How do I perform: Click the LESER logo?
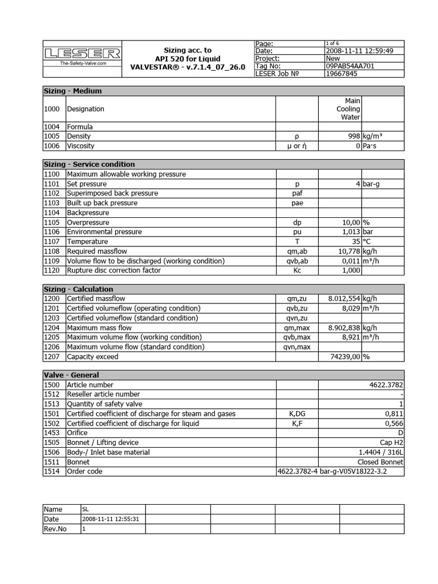tap(82, 54)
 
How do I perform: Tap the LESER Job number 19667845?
tap(342, 73)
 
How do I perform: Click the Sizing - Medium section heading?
tap(73, 91)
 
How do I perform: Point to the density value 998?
tap(353, 136)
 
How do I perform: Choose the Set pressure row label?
tap(87, 184)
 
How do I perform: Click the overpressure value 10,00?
tap(349, 222)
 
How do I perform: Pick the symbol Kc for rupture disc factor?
tap(297, 270)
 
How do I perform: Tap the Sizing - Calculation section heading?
tap(79, 289)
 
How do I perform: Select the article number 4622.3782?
tap(386, 385)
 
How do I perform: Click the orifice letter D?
tap(401, 433)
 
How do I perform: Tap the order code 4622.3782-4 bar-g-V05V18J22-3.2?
tap(327, 472)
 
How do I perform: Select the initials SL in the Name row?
tap(86, 509)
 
